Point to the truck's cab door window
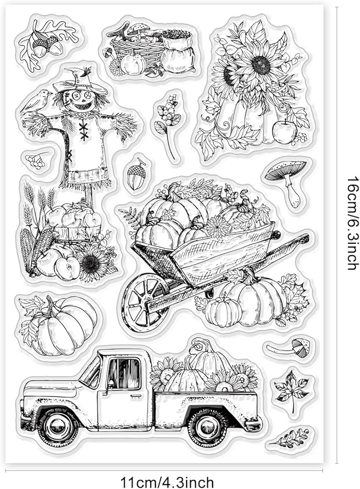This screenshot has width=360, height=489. [x=124, y=374]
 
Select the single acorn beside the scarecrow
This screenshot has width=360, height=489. [x=136, y=174]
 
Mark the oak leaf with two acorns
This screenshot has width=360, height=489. [x=47, y=43]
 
